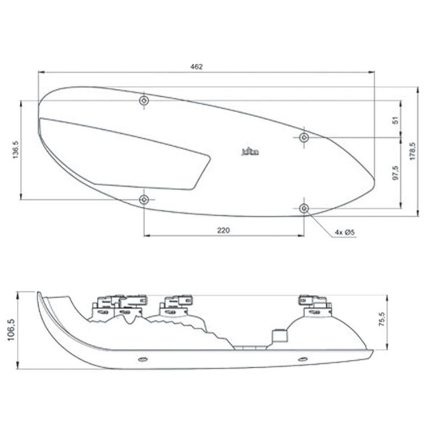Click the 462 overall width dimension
pos(196,67)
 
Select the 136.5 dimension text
pos(17,150)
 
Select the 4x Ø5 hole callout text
pos(345,232)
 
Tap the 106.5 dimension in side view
pos(9,330)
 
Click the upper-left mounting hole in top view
pos(145,101)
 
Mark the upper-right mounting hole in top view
pos(305,137)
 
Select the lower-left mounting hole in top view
pos(145,199)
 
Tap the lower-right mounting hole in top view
pos(305,208)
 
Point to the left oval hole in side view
pos(142,359)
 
